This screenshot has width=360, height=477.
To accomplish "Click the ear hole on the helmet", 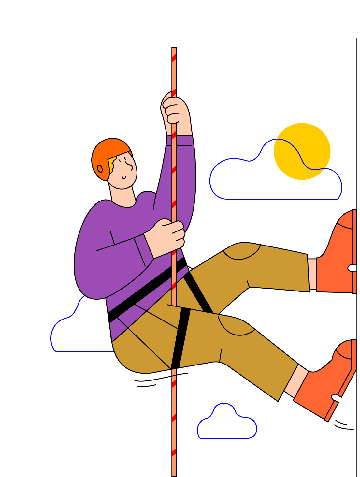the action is tap(100, 169).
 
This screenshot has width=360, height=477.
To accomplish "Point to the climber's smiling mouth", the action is tap(124, 178).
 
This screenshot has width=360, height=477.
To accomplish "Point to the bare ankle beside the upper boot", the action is tap(312, 274).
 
